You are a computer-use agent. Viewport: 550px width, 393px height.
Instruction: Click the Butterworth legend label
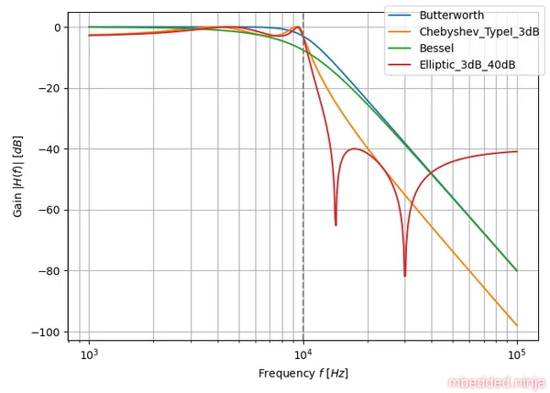coord(451,16)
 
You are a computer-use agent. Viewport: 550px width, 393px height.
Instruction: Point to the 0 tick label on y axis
coord(56,27)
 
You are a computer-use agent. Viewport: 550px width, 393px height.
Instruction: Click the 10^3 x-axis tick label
coord(89,355)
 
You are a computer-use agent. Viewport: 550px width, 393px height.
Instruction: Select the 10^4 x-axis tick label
coord(303,355)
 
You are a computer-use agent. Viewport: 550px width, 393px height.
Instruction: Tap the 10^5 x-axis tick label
coord(517,355)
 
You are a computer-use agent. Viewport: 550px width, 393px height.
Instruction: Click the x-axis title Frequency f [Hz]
coord(302,374)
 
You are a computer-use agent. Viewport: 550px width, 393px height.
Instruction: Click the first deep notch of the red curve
coord(335,224)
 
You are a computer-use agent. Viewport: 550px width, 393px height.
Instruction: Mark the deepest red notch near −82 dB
coord(404,275)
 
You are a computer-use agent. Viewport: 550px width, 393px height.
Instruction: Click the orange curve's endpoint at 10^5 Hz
coord(517,325)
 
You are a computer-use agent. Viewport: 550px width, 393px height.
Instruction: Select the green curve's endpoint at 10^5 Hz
coord(517,270)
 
